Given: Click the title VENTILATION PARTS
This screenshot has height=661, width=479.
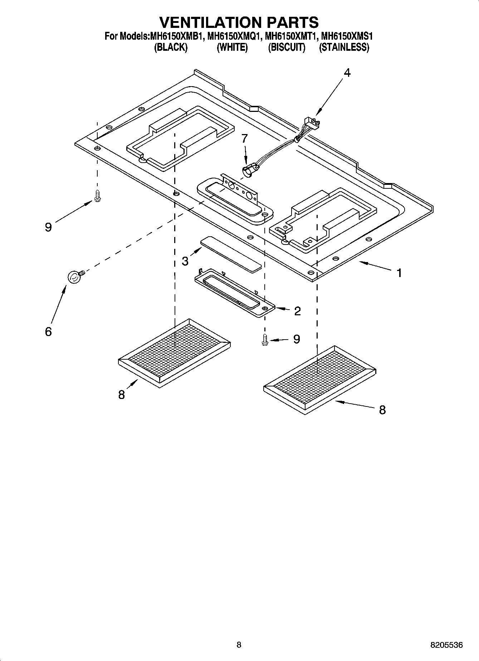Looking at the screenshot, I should [239, 22].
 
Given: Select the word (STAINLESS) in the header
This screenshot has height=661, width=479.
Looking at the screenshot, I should [344, 47].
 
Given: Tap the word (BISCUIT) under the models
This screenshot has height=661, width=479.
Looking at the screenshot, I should [287, 47].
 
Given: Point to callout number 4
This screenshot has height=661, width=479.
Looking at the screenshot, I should [347, 73].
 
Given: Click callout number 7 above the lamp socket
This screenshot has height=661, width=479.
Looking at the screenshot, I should [244, 138].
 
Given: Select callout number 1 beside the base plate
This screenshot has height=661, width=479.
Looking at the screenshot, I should [399, 273].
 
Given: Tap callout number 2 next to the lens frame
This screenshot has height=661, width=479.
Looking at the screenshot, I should [297, 311].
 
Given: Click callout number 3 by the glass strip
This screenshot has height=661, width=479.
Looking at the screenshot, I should [185, 261].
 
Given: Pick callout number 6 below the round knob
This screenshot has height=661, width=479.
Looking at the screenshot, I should [48, 331].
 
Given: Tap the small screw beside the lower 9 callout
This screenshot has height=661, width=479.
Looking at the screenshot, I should [265, 340].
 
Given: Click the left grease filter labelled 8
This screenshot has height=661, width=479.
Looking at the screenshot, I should [174, 352].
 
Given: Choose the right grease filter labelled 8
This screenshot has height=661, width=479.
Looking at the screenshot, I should [319, 379].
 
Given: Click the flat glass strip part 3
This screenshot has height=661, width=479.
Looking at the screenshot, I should [231, 254].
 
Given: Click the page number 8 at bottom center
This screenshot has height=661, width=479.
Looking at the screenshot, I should [239, 645].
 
